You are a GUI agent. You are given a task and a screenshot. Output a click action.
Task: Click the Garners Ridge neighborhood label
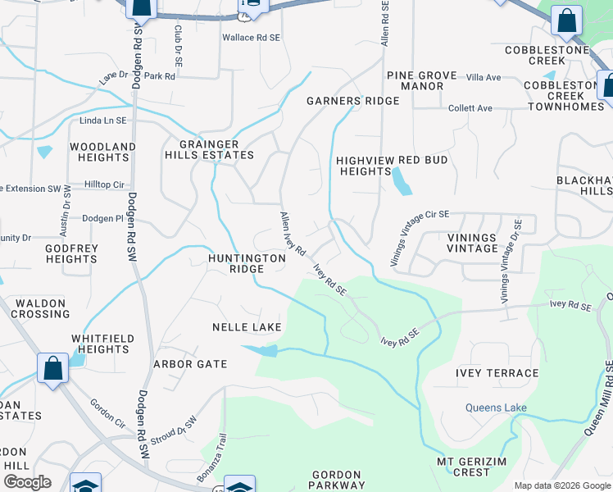[x=352, y=101]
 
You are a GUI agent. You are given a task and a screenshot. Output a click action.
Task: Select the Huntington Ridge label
[x=246, y=263]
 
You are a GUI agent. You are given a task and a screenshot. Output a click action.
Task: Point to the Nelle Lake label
[x=247, y=327]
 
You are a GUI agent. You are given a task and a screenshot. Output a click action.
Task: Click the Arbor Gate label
[x=189, y=364]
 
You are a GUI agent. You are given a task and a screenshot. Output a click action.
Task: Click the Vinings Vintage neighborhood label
[x=472, y=243]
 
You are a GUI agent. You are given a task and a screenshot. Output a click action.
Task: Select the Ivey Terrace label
[x=497, y=373]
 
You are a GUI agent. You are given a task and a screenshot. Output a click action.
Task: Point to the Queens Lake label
[x=496, y=408]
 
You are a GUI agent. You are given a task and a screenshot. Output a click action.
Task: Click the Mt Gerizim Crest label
[x=476, y=466]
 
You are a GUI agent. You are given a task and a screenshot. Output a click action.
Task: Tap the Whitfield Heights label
[x=100, y=344]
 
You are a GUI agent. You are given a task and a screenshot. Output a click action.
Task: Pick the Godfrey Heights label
[x=71, y=253]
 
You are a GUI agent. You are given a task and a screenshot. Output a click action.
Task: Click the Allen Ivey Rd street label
[x=293, y=233]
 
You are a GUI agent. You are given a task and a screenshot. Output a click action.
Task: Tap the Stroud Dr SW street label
[x=175, y=429]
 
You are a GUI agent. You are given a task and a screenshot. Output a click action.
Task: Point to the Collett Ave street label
[x=470, y=108]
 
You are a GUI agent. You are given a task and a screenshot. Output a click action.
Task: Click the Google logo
[x=27, y=482]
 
